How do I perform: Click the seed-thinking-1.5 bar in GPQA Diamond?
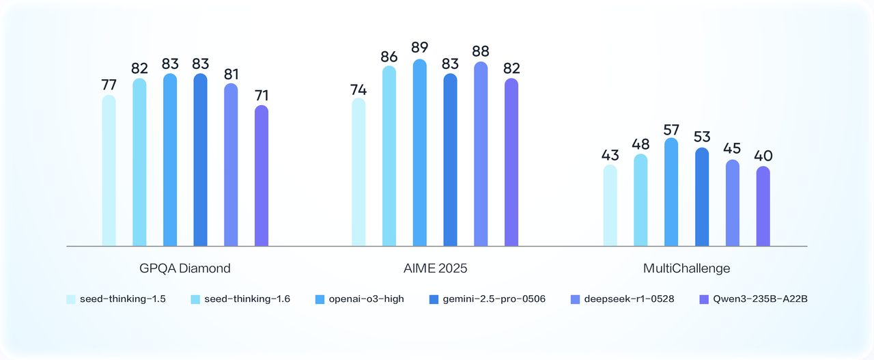pyautogui.click(x=109, y=171)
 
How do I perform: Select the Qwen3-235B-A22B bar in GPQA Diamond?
pyautogui.click(x=262, y=176)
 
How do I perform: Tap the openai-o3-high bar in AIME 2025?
pyautogui.click(x=420, y=153)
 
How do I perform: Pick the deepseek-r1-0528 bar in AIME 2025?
pyautogui.click(x=481, y=154)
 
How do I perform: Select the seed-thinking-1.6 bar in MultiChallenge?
pyautogui.click(x=640, y=200)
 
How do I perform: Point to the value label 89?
pyautogui.click(x=420, y=48)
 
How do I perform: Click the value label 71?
pyautogui.click(x=262, y=95)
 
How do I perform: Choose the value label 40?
pyautogui.click(x=763, y=156)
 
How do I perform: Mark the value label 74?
pyautogui.click(x=358, y=89)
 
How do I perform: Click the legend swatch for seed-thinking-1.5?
pyautogui.click(x=70, y=299)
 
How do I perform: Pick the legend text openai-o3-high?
pyautogui.click(x=366, y=299)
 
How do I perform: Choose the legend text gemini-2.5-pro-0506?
pyautogui.click(x=494, y=299)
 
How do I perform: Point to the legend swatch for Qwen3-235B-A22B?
pyautogui.click(x=705, y=299)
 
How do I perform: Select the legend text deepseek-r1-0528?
pyautogui.click(x=629, y=299)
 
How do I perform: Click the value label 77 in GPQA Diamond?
pyautogui.click(x=109, y=85)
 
